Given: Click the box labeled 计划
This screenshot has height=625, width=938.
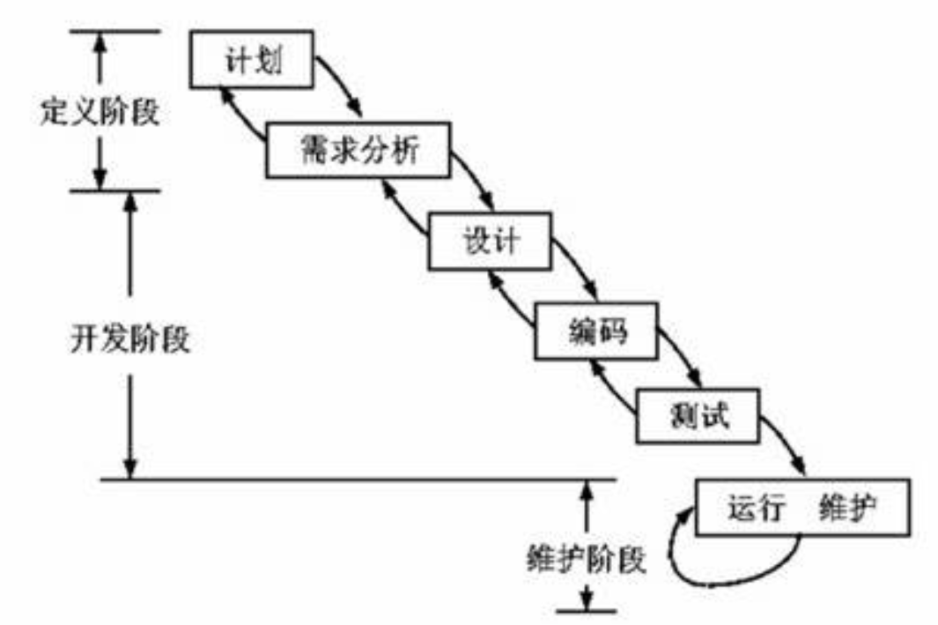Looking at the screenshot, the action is [x=251, y=60].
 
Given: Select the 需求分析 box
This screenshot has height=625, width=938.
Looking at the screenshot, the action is [x=358, y=150].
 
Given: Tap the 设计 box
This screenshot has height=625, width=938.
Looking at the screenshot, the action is [x=490, y=242].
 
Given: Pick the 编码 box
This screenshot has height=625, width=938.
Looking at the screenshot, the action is [x=596, y=331].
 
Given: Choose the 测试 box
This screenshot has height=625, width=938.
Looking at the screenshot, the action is [x=698, y=416].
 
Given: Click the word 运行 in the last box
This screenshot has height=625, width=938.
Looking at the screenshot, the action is [x=757, y=508].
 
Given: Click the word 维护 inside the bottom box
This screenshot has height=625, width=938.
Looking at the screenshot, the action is [x=847, y=508].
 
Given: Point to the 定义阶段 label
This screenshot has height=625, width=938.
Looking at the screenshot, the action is [x=100, y=111].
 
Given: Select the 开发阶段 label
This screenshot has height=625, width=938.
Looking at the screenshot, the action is [x=130, y=339].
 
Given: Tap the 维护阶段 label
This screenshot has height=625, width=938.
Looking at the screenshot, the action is [x=587, y=559].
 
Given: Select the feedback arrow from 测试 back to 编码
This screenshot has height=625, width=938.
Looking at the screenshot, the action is [x=609, y=388].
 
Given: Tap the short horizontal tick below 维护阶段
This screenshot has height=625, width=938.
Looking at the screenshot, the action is [x=587, y=611].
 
